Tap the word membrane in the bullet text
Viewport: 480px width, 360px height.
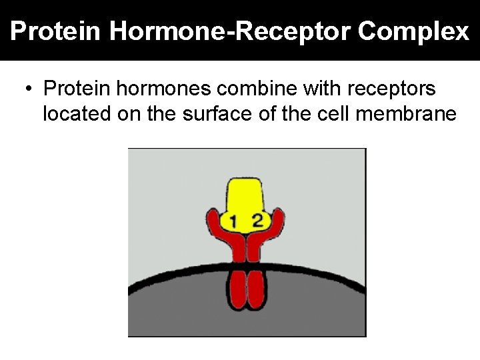pyautogui.click(x=408, y=114)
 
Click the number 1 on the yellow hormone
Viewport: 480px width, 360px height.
pyautogui.click(x=233, y=221)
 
